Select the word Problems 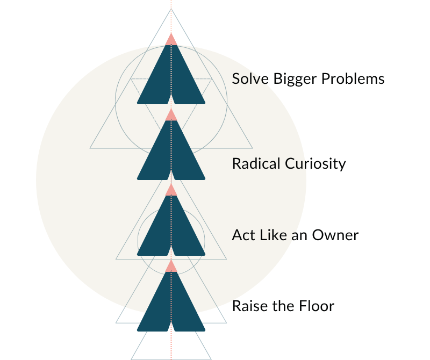(353, 79)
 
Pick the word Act (241, 235)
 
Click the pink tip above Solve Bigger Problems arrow (171, 40)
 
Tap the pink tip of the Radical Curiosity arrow (171, 115)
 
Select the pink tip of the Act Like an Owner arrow (171, 190)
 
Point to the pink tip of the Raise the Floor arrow (171, 267)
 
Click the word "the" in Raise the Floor (282, 306)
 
